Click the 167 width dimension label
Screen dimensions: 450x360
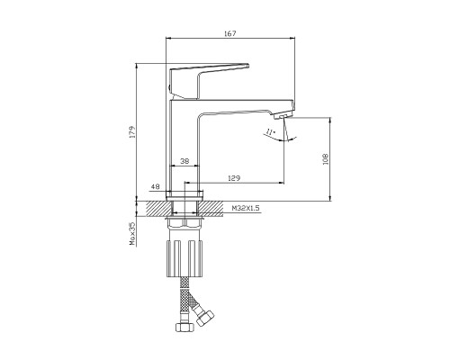230,33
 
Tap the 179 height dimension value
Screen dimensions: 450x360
132,132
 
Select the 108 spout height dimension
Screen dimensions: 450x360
326,159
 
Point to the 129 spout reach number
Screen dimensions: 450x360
234,178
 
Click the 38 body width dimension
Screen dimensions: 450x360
184,161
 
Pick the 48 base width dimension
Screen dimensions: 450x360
155,186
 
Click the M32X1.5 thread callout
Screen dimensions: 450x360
246,208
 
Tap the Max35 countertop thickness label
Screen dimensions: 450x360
132,234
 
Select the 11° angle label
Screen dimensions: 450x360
271,131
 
